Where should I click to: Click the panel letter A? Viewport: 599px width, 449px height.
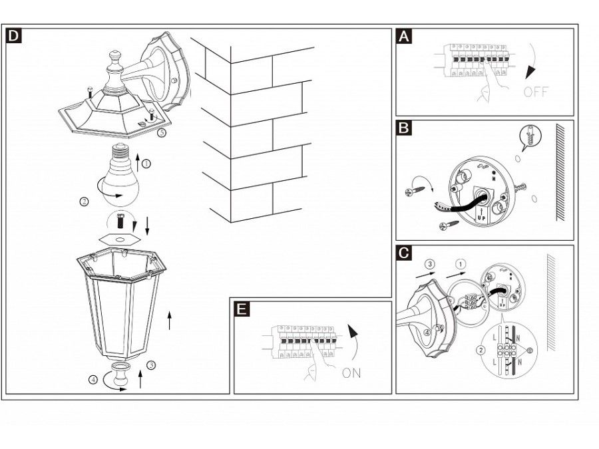click(403, 36)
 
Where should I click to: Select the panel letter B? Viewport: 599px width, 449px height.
click(403, 128)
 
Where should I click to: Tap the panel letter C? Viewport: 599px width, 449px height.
click(403, 253)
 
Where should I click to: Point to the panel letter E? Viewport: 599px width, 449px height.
click(243, 309)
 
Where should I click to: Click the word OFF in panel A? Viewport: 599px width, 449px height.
click(536, 92)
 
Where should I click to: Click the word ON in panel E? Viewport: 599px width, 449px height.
click(351, 373)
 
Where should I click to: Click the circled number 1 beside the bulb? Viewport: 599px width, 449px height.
click(146, 162)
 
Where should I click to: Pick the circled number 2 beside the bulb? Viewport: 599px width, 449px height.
click(85, 200)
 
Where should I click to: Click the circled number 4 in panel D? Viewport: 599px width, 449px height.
click(93, 380)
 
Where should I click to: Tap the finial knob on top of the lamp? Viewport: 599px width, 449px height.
click(114, 60)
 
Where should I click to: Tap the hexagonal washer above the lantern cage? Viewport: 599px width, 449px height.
click(120, 238)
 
